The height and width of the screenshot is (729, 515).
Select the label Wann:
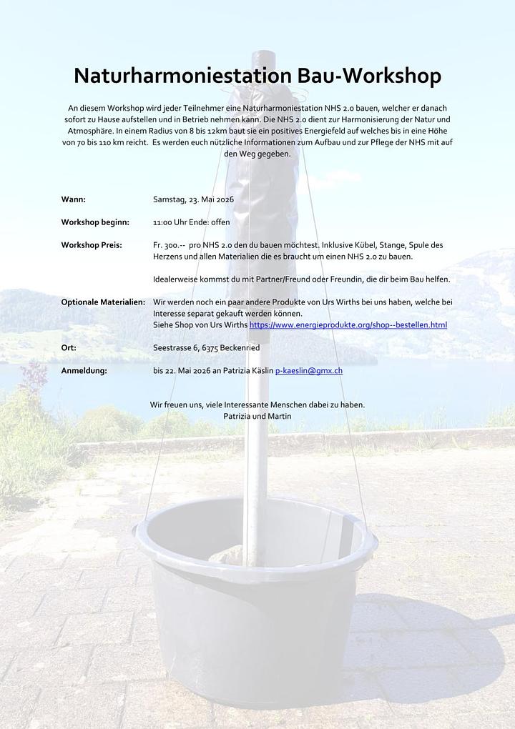point(73,199)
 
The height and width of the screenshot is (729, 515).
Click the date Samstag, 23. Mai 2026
point(193,199)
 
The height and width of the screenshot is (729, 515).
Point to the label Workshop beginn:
point(95,222)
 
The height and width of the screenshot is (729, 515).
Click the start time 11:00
point(164,222)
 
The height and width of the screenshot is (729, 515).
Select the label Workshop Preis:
point(92,245)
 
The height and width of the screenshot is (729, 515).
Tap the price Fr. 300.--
point(169,245)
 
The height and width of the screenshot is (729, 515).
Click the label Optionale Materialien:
point(103,302)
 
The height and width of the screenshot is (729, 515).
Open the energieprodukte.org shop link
point(348,325)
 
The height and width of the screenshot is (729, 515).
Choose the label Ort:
point(69,348)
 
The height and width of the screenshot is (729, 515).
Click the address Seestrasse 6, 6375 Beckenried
point(206,348)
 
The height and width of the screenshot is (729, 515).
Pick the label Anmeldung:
point(84,371)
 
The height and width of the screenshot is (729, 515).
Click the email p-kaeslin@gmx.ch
point(308,371)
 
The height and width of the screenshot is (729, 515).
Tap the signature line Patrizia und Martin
point(257,416)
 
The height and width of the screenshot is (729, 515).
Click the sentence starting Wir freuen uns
point(257,405)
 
